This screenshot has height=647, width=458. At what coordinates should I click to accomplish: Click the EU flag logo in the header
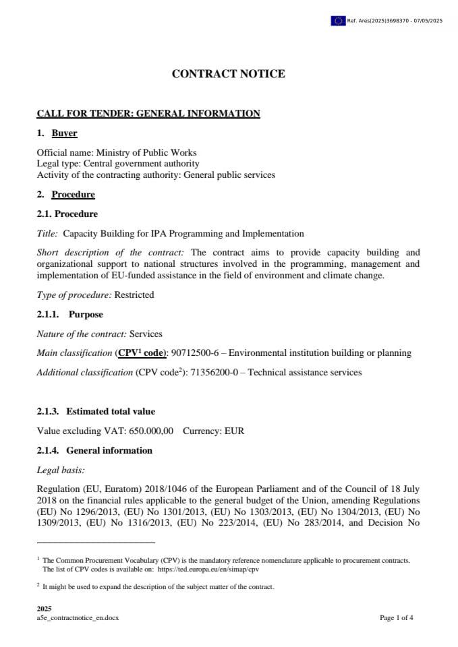(338, 21)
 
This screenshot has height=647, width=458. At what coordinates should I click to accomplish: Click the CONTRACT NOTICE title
(229, 74)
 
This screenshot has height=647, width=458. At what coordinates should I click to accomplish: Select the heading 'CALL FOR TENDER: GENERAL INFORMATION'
(148, 113)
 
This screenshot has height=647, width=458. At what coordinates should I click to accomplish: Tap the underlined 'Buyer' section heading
(65, 133)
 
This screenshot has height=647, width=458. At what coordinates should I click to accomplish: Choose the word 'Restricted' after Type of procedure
(134, 295)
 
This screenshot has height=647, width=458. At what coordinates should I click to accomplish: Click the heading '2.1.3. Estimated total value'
(96, 411)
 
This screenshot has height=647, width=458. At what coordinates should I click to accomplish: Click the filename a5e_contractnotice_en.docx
(78, 617)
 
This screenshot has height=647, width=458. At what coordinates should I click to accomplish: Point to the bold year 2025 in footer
(44, 609)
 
